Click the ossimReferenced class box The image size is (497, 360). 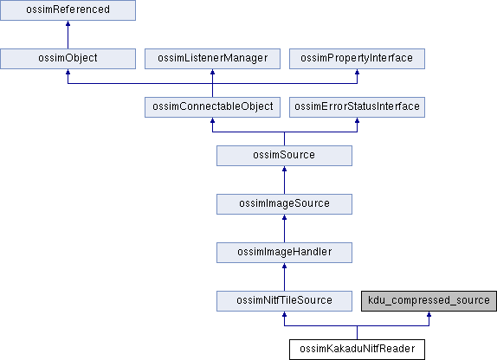tap(68, 10)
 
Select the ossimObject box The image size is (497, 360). tap(68, 59)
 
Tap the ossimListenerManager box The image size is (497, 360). tap(212, 59)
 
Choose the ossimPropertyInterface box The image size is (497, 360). tap(357, 59)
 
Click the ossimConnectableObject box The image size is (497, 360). tap(212, 107)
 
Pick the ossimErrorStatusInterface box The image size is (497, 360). tap(357, 107)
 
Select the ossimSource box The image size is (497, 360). tap(284, 156)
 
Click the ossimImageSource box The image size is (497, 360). tap(284, 204)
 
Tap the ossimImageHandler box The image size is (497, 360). tap(284, 253)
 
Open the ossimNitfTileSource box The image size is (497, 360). tap(284, 301)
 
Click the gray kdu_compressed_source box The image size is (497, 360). tap(429, 301)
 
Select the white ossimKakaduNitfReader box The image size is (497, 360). tap(357, 350)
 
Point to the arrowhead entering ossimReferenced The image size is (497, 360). tap(68, 23)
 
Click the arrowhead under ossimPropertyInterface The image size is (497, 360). tap(357, 72)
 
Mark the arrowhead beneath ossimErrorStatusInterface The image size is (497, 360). tap(357, 120)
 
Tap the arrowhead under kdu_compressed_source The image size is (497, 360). tap(429, 314)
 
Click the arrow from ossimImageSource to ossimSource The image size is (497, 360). tap(284, 180)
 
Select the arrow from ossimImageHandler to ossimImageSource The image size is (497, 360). tap(284, 228)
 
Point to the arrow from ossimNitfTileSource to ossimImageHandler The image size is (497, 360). tap(284, 277)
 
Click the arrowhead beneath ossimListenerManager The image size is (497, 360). tap(212, 72)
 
